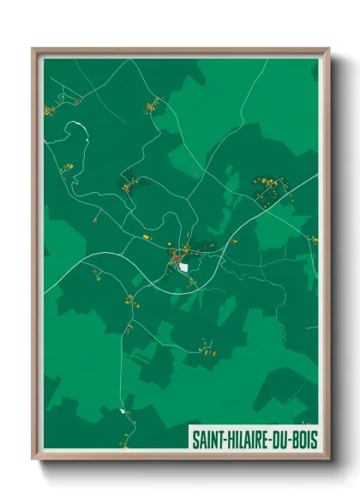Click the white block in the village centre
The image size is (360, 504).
(183, 266)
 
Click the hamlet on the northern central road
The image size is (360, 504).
(154, 106)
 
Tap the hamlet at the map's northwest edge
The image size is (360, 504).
(50, 110)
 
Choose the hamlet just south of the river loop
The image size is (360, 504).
(67, 168)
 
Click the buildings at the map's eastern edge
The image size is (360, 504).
(314, 240)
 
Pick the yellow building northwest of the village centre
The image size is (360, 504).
(146, 236)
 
